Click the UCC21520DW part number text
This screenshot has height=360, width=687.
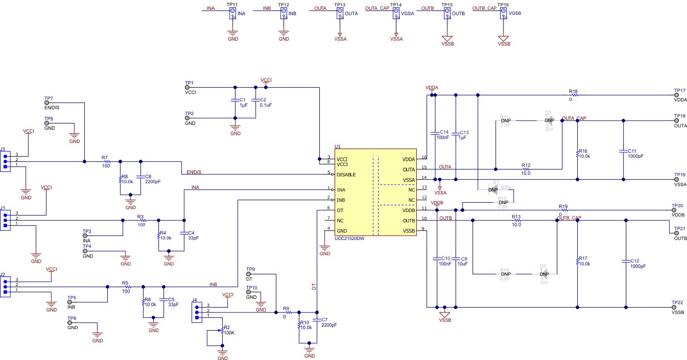(349, 239)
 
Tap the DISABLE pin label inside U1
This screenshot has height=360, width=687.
(346, 174)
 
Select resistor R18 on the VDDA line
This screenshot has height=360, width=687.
(573, 95)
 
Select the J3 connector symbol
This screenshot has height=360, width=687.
(5, 161)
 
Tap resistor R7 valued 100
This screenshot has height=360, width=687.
(106, 162)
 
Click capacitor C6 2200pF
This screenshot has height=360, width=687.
(141, 176)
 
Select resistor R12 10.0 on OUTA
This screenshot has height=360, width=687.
(525, 169)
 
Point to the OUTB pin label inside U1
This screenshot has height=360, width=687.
(409, 220)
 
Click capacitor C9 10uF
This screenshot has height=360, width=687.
(455, 258)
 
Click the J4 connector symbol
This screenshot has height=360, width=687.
(197, 312)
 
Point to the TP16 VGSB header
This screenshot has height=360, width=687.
(502, 13)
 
